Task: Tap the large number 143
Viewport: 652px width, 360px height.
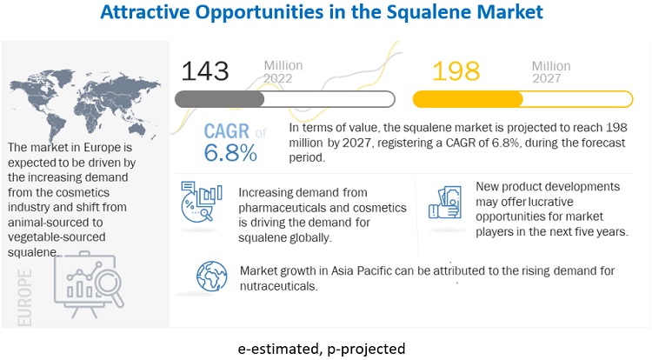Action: coord(205,71)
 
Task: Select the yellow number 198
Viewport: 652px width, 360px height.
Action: coord(456,71)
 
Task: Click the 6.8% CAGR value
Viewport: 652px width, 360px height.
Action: coord(230,152)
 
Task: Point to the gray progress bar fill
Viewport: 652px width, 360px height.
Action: coord(220,99)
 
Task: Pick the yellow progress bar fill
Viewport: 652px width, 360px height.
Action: coord(468,99)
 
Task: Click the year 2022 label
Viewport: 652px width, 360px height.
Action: coord(278,78)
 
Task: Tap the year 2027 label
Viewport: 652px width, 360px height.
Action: coord(547,78)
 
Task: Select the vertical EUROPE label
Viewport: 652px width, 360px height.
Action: coord(24,297)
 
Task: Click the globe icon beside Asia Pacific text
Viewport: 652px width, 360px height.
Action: coord(212,277)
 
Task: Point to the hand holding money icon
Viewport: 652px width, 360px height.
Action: coord(445,203)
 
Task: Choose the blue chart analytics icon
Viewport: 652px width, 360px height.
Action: coord(202,201)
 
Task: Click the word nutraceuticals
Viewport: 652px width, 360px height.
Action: coord(278,286)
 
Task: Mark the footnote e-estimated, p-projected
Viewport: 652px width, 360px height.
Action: coord(322,349)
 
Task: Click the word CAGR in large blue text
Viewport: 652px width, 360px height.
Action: coord(227,131)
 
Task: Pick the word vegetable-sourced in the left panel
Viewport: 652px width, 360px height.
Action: coord(57,237)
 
